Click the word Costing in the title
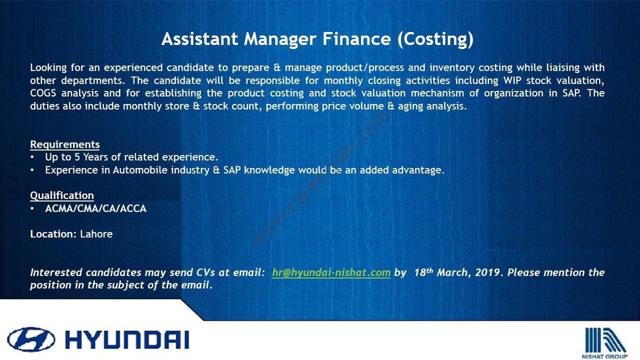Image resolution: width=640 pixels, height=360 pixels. click(x=435, y=39)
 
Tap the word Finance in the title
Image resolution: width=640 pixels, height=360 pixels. click(x=356, y=39)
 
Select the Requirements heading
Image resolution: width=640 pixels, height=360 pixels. click(x=65, y=144)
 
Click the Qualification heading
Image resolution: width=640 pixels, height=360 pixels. click(x=62, y=195)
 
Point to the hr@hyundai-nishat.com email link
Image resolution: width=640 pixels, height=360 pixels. click(x=331, y=272)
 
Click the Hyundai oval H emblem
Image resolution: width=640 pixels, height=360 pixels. click(x=31, y=339)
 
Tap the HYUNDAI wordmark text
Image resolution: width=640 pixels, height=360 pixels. click(x=127, y=340)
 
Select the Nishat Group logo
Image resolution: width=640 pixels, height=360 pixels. click(x=604, y=343)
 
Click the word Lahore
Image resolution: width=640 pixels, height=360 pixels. click(x=96, y=234)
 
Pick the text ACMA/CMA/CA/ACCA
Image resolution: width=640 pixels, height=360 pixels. click(x=95, y=208)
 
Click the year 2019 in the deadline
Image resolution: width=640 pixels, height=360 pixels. click(x=488, y=272)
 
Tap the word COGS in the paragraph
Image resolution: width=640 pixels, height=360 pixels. click(x=43, y=93)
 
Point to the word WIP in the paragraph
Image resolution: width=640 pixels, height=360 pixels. click(x=512, y=80)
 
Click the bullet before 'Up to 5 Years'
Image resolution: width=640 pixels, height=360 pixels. click(x=32, y=157)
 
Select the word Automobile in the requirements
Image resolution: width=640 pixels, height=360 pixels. click(x=140, y=170)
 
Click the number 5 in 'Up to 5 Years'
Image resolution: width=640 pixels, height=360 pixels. click(x=77, y=157)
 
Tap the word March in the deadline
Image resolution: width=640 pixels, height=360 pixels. click(x=452, y=272)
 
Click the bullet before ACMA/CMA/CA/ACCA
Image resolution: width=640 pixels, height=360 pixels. click(x=32, y=209)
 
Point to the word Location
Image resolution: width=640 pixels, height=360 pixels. click(x=53, y=234)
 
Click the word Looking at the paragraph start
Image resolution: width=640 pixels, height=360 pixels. click(x=48, y=68)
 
